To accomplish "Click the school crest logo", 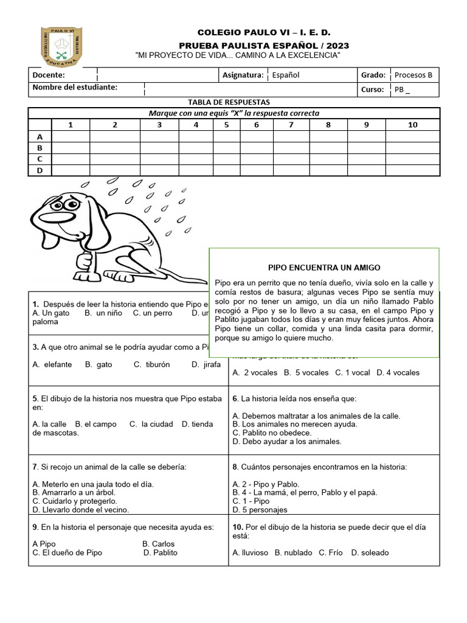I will coord(63,46).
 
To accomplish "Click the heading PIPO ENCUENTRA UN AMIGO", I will coord(324,268).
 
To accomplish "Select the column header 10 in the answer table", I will coord(413,125).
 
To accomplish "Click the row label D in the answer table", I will coord(40,170).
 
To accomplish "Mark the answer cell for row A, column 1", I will coord(71,137).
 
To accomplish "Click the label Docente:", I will coord(49,75).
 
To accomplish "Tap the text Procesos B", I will coord(413,75).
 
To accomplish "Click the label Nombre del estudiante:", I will coord(75,88).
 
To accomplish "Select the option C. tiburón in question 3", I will coord(153,364).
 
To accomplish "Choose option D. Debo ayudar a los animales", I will coord(287,442).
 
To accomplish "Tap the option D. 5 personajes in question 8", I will coord(260,510).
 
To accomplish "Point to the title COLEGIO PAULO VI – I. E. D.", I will coord(264,32).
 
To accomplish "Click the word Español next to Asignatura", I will coord(285,75).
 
